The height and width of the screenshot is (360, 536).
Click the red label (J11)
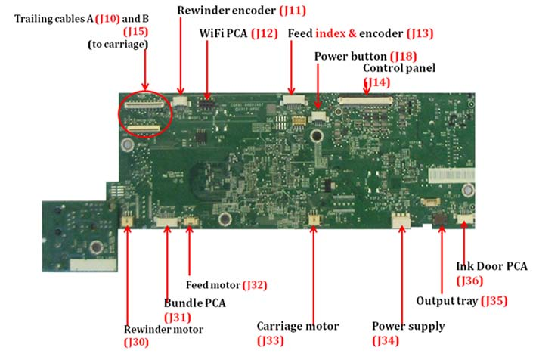(x=293, y=11)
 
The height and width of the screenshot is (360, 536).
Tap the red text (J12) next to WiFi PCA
(x=265, y=33)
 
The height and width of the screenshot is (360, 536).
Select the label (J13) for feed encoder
(x=420, y=33)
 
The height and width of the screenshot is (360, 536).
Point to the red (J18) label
(x=404, y=57)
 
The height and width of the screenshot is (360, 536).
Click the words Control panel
(x=399, y=68)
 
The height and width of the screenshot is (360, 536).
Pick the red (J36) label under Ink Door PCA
(x=469, y=281)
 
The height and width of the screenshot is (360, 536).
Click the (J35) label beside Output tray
(x=494, y=301)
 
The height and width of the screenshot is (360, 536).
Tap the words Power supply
(x=408, y=326)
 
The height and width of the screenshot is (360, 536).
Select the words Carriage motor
(x=298, y=326)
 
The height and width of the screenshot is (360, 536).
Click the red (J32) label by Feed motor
(x=255, y=285)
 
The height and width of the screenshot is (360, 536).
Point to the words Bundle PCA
(x=195, y=303)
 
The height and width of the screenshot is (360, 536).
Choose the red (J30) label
(x=136, y=342)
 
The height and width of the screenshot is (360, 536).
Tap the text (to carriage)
(x=118, y=45)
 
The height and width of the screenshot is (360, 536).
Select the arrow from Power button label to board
(x=318, y=86)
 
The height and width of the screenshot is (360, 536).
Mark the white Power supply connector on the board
(x=401, y=220)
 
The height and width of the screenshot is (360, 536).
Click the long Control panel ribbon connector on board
(x=365, y=100)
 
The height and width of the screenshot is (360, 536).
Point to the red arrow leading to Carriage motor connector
(x=313, y=274)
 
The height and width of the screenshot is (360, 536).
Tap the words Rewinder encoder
(x=226, y=11)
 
